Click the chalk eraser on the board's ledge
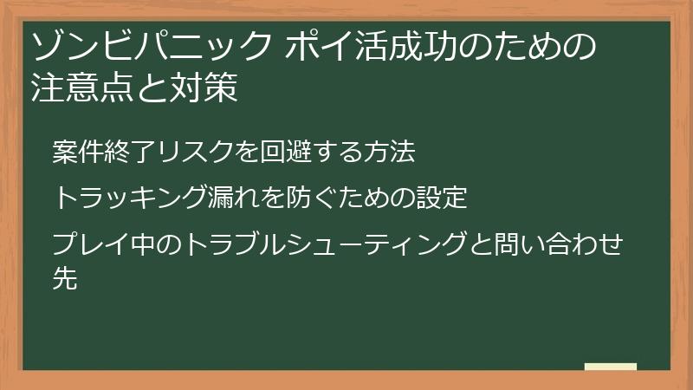click(x=610, y=367)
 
